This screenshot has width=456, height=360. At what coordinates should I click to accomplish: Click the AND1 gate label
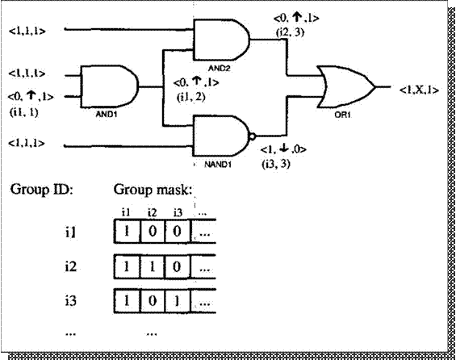(107, 114)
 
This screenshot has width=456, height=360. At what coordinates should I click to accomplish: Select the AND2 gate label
(220, 69)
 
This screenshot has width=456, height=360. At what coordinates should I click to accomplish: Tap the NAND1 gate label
(218, 165)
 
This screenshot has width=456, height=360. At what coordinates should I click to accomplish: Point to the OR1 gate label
(342, 115)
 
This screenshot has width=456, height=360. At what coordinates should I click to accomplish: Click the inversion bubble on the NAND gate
(253, 136)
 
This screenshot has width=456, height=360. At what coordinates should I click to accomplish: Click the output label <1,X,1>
(419, 90)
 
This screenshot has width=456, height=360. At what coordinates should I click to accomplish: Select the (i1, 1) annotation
(24, 112)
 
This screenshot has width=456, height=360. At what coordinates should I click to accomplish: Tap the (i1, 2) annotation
(190, 97)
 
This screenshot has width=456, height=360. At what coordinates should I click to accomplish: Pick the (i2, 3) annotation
(290, 32)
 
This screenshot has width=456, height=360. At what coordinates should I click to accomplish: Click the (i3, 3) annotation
(276, 165)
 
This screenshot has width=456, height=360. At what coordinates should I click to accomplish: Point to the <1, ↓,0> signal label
(283, 149)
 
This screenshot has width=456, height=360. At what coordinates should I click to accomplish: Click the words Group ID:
(42, 190)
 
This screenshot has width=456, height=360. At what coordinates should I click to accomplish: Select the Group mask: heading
(153, 190)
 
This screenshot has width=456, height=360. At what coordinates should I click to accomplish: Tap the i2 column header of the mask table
(152, 213)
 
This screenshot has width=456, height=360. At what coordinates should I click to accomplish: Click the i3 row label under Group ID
(71, 300)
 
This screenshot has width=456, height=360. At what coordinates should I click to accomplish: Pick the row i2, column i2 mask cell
(152, 266)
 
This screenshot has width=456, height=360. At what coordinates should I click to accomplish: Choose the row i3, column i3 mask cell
(177, 301)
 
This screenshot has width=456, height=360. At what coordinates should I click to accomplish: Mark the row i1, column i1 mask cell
(127, 232)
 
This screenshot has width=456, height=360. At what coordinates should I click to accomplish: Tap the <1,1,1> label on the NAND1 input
(27, 143)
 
